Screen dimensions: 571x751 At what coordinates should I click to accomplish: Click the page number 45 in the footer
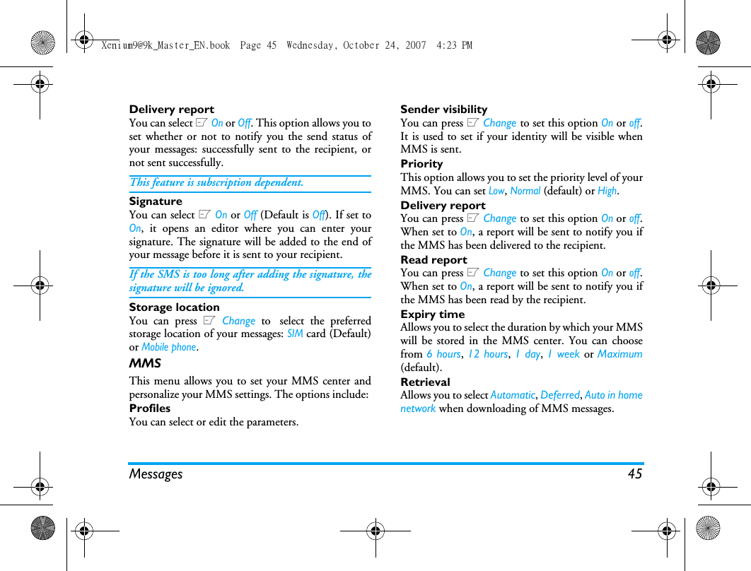(634, 474)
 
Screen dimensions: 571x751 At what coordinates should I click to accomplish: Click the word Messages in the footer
(156, 474)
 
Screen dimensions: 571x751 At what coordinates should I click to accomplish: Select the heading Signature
(156, 201)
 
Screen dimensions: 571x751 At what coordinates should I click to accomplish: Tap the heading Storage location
(174, 307)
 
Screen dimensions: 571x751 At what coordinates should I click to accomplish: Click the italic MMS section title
(145, 363)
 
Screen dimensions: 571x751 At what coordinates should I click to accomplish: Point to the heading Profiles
(149, 408)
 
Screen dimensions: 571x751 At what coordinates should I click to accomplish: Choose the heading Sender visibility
(443, 110)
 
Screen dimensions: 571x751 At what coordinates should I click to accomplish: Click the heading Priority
(421, 164)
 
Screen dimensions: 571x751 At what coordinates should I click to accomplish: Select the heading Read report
(433, 260)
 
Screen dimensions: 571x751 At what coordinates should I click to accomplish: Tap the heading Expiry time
(432, 314)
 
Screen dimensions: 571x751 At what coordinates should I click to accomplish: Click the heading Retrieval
(425, 382)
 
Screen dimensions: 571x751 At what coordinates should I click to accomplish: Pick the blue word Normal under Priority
(525, 191)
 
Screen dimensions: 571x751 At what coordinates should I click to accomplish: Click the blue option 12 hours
(487, 354)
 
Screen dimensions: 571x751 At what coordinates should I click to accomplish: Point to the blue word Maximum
(619, 354)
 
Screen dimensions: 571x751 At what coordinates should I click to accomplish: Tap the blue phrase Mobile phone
(168, 347)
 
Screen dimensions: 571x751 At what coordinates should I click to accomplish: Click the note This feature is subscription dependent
(216, 182)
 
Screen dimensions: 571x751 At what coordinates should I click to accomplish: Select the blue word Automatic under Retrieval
(513, 395)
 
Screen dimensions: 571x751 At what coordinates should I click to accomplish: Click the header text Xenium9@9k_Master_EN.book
(165, 45)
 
